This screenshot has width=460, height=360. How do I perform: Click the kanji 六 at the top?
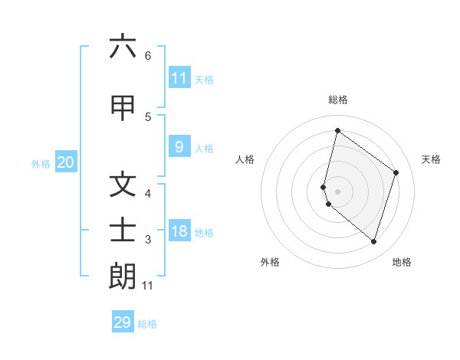[123, 47]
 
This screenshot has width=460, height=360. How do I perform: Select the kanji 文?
[123, 186]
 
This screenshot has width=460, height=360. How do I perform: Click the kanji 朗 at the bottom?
[123, 277]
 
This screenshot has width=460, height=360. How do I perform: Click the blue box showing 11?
[179, 78]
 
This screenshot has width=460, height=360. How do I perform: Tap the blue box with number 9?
[179, 147]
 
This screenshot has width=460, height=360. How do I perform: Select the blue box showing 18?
[179, 232]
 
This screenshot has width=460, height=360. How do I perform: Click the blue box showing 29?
[123, 322]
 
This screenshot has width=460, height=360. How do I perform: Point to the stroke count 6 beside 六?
[148, 55]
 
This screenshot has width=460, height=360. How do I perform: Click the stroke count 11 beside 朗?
[148, 286]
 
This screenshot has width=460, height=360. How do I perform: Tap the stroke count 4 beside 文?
[148, 194]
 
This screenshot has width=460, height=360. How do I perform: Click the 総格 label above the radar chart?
[338, 100]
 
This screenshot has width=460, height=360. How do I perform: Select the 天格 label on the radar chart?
[432, 159]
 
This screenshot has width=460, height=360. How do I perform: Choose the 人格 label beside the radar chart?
[245, 159]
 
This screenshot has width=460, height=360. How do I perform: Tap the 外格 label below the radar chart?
[269, 263]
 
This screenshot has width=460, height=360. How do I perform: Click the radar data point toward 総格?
[337, 130]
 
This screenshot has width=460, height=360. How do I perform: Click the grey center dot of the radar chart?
[337, 191]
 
